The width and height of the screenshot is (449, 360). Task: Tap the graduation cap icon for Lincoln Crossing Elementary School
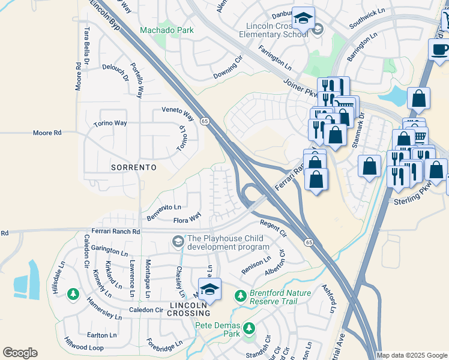303,19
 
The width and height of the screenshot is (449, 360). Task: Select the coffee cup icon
439,49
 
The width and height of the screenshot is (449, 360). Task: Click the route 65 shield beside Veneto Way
205,121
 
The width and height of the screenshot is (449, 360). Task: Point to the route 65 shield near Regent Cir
309,242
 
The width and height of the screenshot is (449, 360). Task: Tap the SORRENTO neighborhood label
133,166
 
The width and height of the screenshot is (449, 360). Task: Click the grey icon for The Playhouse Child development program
178,242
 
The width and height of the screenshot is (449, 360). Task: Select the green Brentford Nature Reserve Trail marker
240,296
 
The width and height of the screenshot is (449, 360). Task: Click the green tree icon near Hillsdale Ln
73,294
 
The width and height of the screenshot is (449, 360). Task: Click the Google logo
20,353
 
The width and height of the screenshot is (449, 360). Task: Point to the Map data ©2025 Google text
412,355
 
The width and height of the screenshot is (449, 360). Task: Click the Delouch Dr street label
115,73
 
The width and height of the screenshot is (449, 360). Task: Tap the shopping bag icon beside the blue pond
418,97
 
